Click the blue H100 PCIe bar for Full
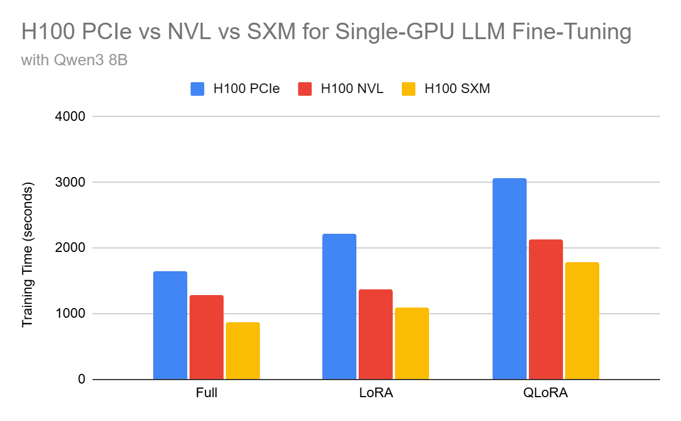click(x=170, y=326)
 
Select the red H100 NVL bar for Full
click(x=207, y=338)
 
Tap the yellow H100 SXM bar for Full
click(x=243, y=351)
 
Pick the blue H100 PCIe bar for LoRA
click(x=339, y=307)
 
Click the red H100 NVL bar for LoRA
click(x=376, y=335)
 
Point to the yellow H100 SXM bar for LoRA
click(x=412, y=344)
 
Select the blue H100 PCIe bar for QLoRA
click(x=510, y=279)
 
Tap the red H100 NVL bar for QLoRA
click(x=546, y=310)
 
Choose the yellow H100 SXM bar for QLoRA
click(x=582, y=321)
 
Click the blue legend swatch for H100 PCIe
click(x=198, y=89)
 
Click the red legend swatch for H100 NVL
click(x=305, y=89)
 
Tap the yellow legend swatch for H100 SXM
click(x=409, y=89)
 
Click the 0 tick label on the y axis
click(x=81, y=380)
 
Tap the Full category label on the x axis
click(x=207, y=393)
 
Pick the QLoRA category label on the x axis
click(x=546, y=393)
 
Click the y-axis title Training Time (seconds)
click(x=27, y=255)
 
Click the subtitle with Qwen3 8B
click(x=74, y=60)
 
